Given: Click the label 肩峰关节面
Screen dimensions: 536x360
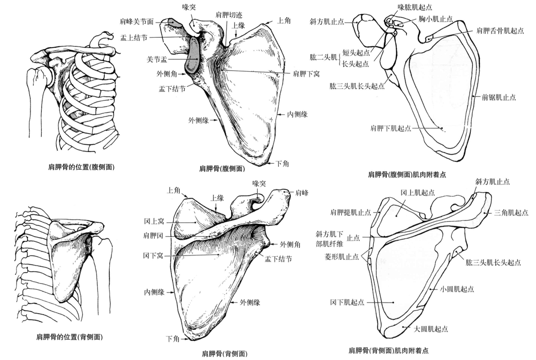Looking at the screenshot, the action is tap(136, 22).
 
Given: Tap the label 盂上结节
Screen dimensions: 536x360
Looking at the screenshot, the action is tap(134, 38).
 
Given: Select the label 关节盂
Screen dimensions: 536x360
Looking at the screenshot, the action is tap(157, 59).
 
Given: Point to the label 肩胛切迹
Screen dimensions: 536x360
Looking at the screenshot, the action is tap(229, 15).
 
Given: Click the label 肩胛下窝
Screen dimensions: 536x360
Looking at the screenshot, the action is tap(306, 73).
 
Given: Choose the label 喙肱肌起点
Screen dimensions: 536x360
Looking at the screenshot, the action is tap(415, 7).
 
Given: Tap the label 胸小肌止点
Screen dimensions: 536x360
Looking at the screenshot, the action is tap(435, 19).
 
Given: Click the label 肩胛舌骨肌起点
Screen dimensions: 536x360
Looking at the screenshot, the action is tap(500, 31).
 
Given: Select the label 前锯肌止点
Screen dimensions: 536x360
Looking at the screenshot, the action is tap(499, 98).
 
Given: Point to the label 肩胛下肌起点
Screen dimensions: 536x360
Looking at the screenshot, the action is tap(391, 128).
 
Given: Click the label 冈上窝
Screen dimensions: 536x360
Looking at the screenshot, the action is tap(154, 221).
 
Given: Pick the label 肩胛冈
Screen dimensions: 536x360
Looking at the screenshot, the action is tap(153, 235).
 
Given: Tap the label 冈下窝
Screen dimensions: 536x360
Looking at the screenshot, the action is tap(153, 256).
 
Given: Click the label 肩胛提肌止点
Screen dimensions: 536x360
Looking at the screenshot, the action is tap(350, 212).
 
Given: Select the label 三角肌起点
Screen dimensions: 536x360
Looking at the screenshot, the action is tap(511, 213).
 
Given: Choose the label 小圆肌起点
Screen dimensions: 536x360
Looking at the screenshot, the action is tap(457, 289).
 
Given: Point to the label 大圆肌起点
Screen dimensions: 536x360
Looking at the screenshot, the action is tap(431, 329).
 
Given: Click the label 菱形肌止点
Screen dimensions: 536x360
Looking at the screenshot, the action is tap(341, 256).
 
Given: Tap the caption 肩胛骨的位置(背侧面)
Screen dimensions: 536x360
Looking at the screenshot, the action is tap(69, 337).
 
